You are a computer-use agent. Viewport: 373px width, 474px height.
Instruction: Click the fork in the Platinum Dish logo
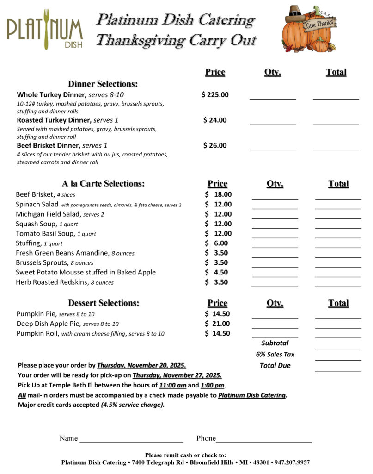(x=46, y=29)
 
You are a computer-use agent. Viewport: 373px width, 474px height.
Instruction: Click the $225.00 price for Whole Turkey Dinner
(x=215, y=95)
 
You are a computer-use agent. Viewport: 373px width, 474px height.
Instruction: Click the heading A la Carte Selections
(x=103, y=183)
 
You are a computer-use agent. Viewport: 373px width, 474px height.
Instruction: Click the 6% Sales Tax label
(x=275, y=354)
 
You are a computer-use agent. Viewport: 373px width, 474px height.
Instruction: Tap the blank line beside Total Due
(x=338, y=370)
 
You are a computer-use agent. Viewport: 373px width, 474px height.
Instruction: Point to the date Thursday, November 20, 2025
(x=141, y=365)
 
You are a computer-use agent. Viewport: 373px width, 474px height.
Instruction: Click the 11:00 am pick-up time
(x=172, y=385)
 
